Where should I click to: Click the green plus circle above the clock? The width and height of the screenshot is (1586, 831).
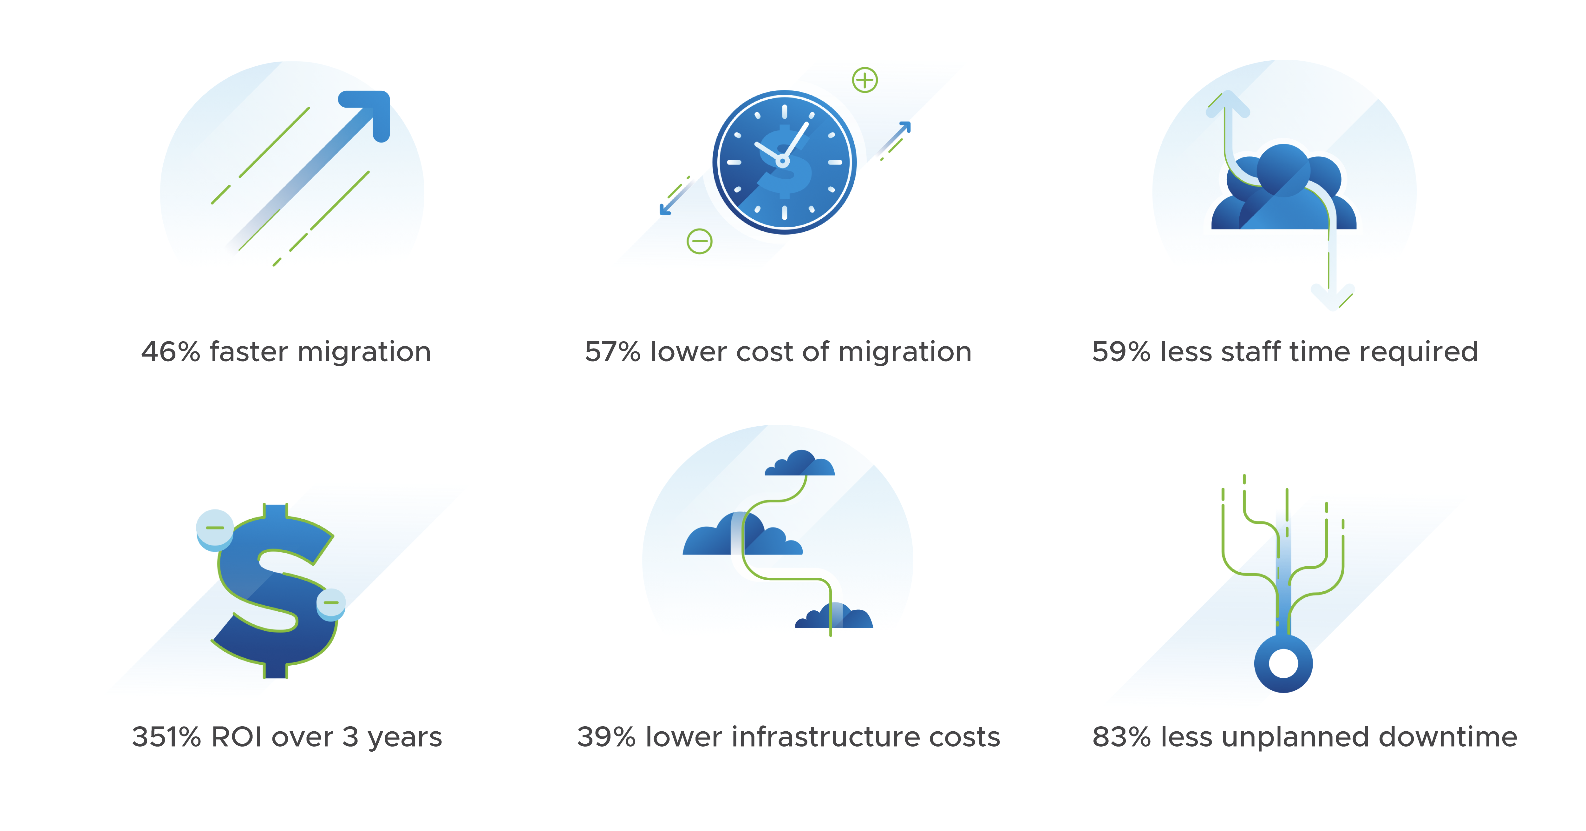pos(865,80)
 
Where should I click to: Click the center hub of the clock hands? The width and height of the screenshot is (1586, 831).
pos(782,161)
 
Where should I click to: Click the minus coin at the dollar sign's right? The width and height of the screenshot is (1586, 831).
pos(331,602)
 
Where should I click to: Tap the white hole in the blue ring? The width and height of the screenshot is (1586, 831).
pos(1283,663)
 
